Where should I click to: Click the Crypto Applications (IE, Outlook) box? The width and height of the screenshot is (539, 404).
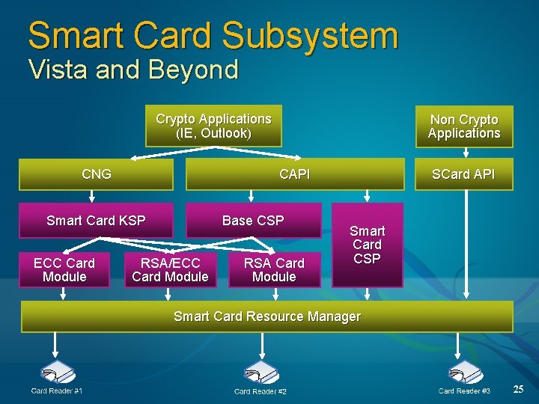pos(213,126)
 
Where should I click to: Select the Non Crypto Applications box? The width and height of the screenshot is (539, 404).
pos(464,126)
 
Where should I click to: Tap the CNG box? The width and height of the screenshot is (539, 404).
pos(96,174)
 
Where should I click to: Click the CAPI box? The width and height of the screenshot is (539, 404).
pos(294,174)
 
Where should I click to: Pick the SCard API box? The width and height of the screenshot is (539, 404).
pos(463,174)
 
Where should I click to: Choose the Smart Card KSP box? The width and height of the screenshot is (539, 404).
pos(96,220)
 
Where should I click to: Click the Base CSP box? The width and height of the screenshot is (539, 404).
pos(253,220)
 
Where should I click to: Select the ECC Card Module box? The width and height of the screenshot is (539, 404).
pos(64,270)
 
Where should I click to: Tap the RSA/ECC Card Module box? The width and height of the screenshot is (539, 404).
pos(170,270)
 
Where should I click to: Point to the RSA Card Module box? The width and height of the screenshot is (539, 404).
pos(274,270)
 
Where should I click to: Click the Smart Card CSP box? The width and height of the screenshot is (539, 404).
pos(367,245)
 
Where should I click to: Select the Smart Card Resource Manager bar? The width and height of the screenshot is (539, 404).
pos(267,316)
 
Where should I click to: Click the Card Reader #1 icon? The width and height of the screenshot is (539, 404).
pos(57,373)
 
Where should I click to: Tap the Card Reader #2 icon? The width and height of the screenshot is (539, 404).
pos(262,373)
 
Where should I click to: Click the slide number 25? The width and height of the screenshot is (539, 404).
pos(518,389)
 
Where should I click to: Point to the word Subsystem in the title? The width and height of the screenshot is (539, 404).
pos(310,36)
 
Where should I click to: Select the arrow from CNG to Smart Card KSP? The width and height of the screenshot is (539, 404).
pos(92,197)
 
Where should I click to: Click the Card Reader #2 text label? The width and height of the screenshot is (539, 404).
pos(260,391)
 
